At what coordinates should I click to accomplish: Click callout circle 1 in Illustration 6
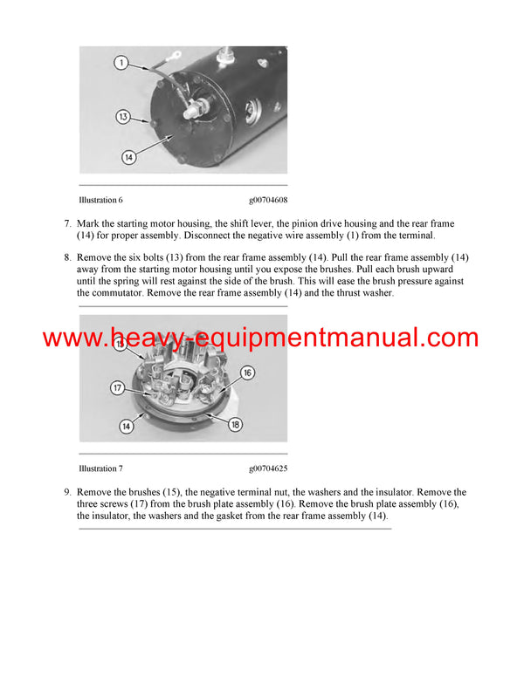122,62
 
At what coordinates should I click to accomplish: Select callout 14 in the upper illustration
128,157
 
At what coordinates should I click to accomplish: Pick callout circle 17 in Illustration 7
117,387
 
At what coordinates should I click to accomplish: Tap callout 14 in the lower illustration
126,427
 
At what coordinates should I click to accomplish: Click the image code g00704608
267,200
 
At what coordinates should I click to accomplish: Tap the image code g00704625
267,468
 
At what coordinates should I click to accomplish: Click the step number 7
67,224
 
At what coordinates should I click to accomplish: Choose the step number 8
67,259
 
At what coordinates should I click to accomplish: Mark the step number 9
67,493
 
